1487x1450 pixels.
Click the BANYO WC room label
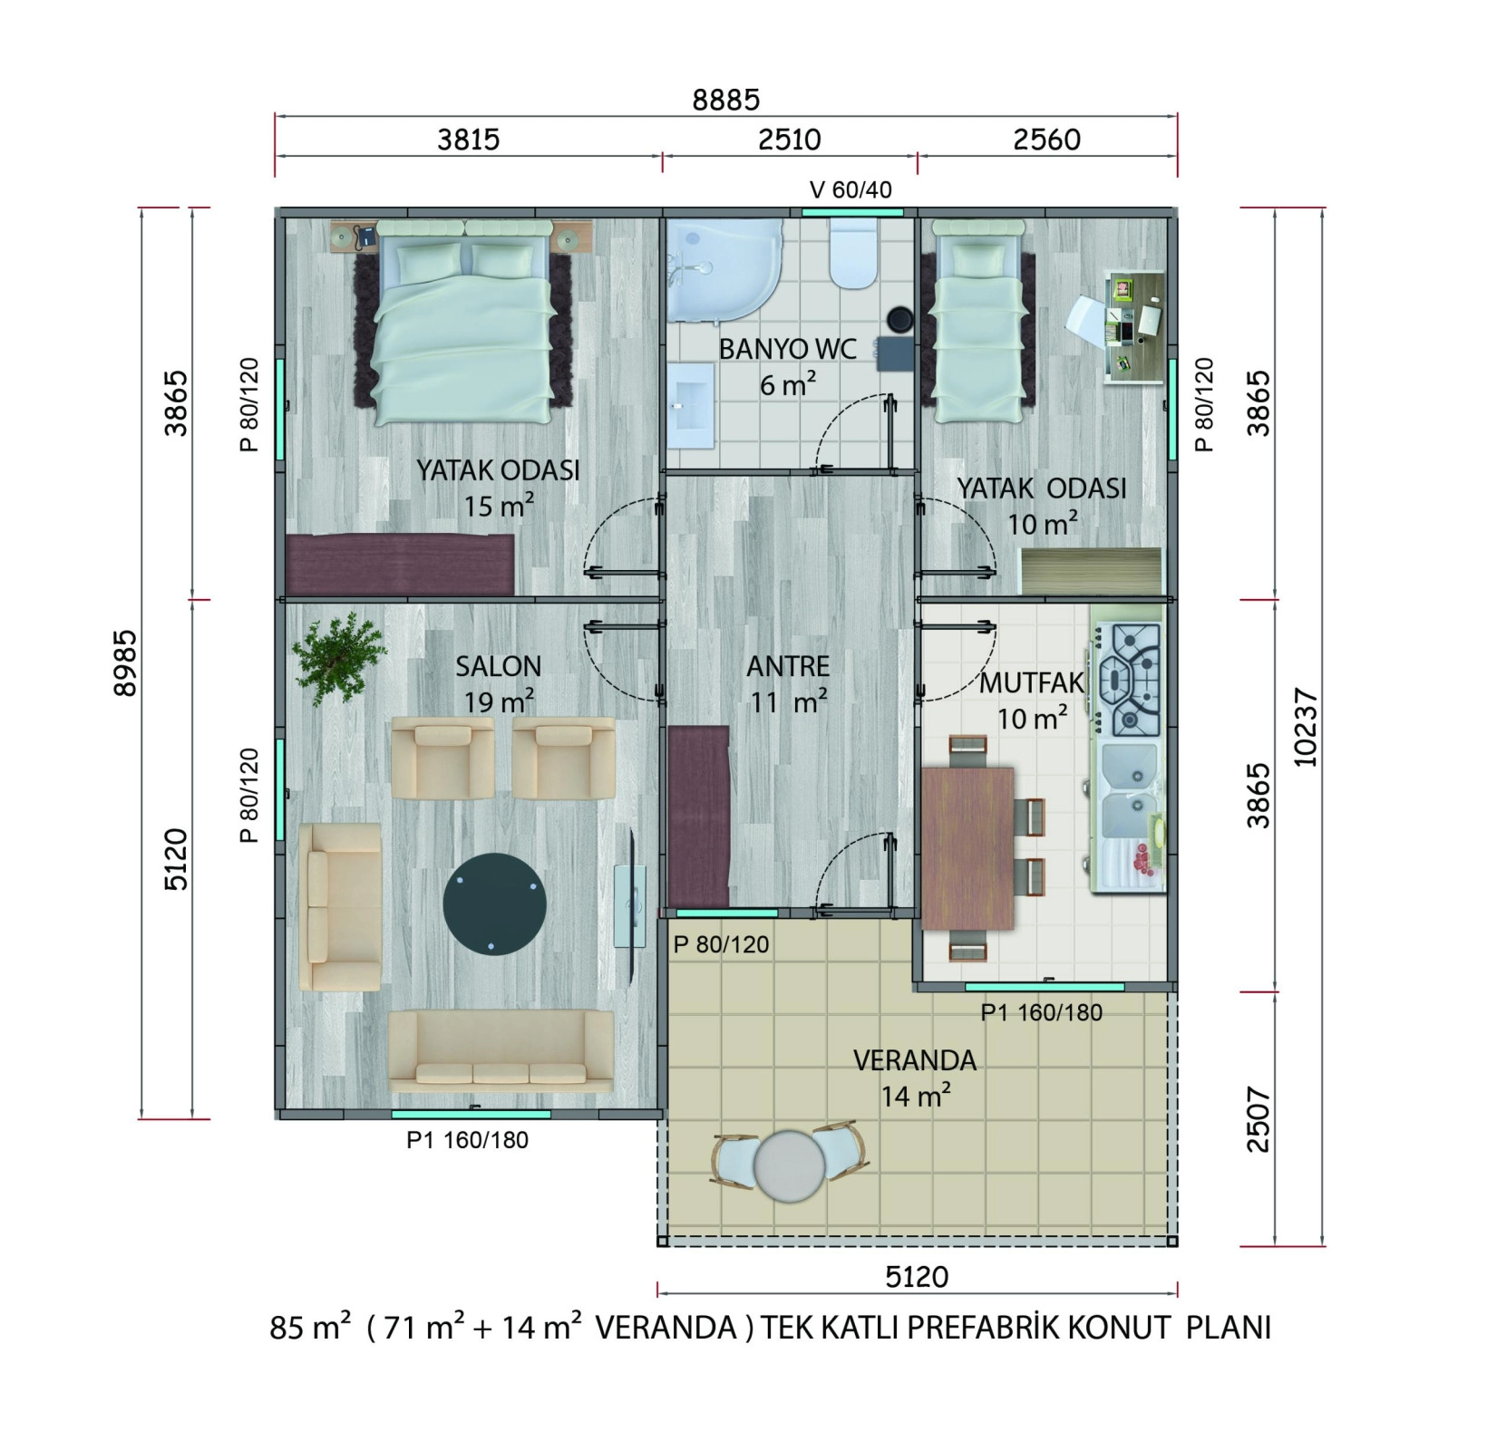click(x=787, y=349)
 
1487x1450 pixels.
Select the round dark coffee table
click(x=495, y=903)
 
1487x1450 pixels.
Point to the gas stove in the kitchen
click(x=1130, y=680)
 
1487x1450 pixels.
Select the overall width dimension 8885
click(x=725, y=100)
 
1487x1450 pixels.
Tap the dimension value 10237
click(x=1307, y=729)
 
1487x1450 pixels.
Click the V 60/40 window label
click(x=850, y=190)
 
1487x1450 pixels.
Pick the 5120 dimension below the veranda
click(x=917, y=1277)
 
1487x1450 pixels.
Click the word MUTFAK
click(x=1032, y=683)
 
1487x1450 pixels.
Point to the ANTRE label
click(x=788, y=666)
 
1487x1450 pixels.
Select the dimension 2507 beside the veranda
click(x=1259, y=1119)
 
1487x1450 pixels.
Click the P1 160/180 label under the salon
click(x=467, y=1140)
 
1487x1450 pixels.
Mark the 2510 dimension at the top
click(x=790, y=140)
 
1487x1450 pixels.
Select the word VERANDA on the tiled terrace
click(x=915, y=1060)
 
